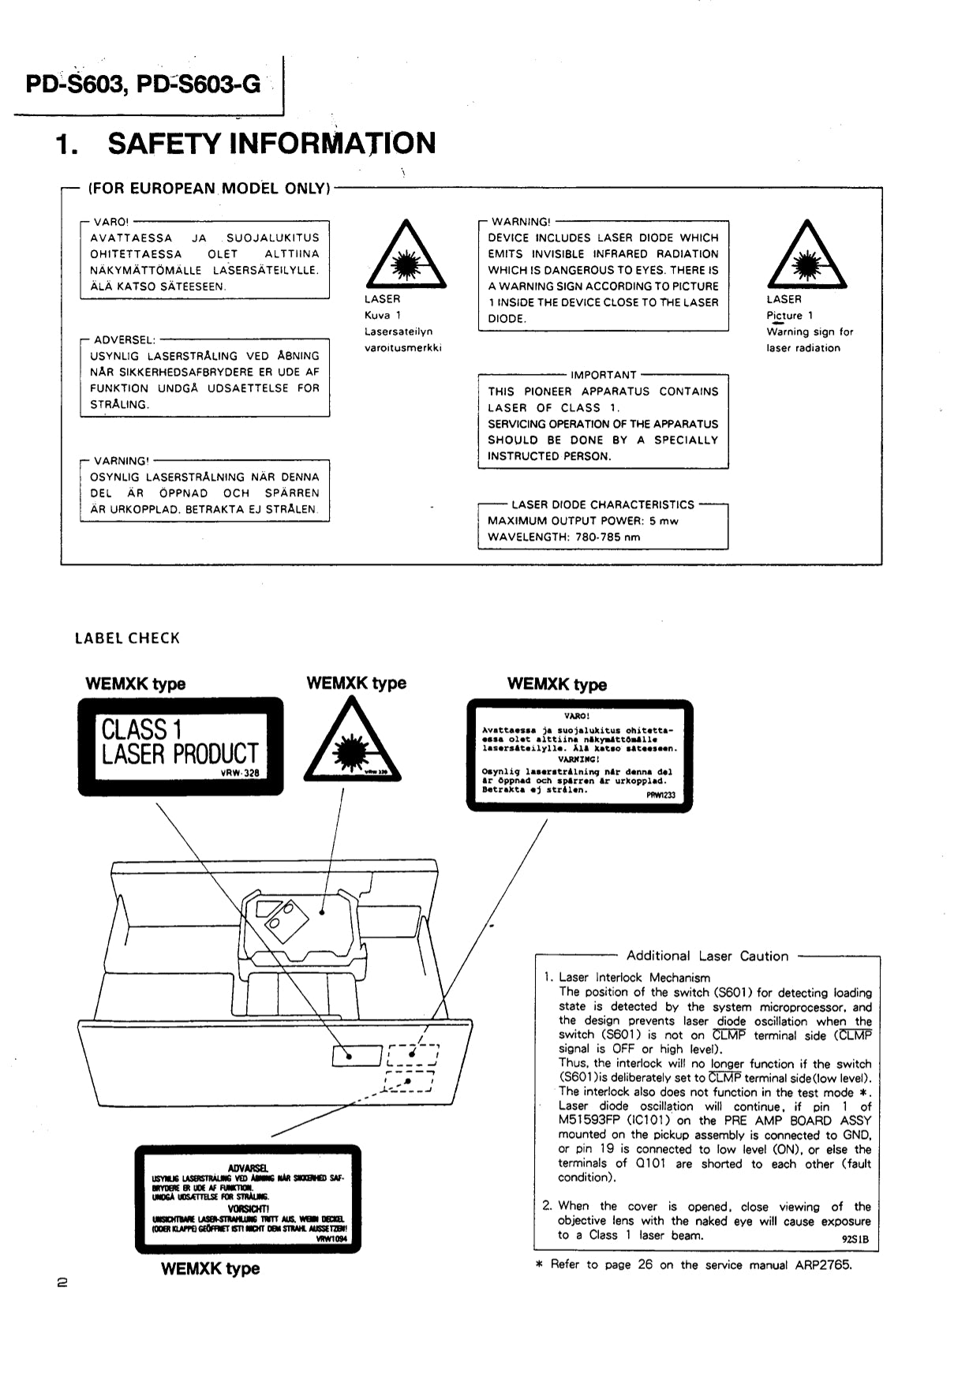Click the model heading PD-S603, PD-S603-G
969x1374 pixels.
[x=143, y=84]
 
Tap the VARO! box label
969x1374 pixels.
[x=111, y=222]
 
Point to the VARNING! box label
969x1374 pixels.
[x=121, y=461]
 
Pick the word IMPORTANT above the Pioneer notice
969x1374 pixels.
[x=603, y=375]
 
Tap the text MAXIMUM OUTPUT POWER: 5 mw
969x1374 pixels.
[x=582, y=521]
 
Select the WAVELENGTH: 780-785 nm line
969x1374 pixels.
[x=563, y=537]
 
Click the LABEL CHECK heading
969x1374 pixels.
[x=127, y=638]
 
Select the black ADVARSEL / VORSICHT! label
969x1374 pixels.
[x=248, y=1199]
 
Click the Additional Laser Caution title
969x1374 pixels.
[x=707, y=957]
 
